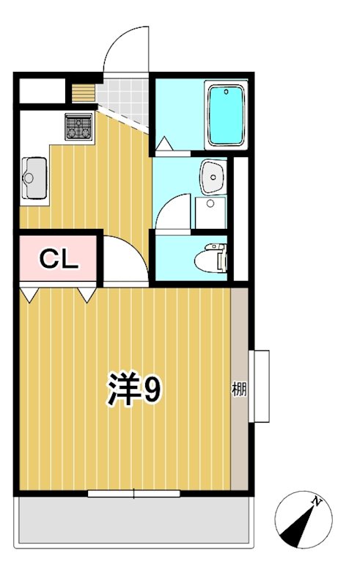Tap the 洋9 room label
134,390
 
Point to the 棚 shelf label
239,388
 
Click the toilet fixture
210,259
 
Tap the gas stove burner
78,126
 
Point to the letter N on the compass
317,502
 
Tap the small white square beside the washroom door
210,213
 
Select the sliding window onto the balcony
133,493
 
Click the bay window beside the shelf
261,386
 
